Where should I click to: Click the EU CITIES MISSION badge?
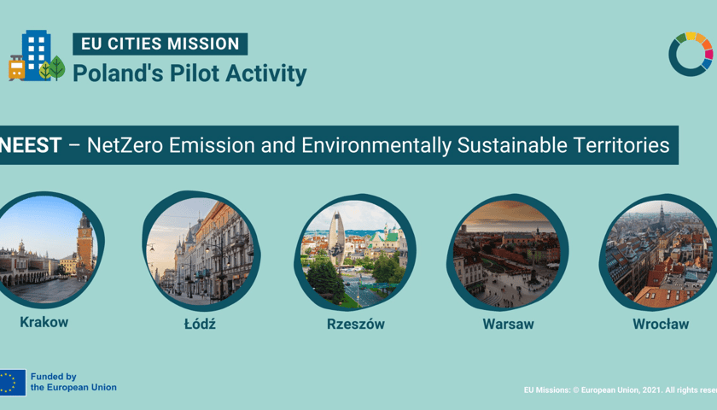pyautogui.click(x=160, y=44)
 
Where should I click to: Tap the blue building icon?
pyautogui.click(x=36, y=55)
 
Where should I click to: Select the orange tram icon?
pyautogui.click(x=16, y=68)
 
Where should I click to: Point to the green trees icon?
pyautogui.click(x=52, y=68)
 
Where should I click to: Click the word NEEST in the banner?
pyautogui.click(x=31, y=145)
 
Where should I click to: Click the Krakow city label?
pyautogui.click(x=44, y=322)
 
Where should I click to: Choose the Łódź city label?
pyautogui.click(x=200, y=324)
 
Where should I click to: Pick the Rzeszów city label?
pyautogui.click(x=356, y=324)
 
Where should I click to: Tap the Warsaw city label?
pyautogui.click(x=508, y=324)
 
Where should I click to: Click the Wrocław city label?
pyautogui.click(x=661, y=324)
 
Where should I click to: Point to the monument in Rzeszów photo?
pyautogui.click(x=336, y=239)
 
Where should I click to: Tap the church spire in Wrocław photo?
pyautogui.click(x=662, y=215)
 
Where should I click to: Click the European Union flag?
pyautogui.click(x=13, y=383)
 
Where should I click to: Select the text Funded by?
pyautogui.click(x=54, y=377)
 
